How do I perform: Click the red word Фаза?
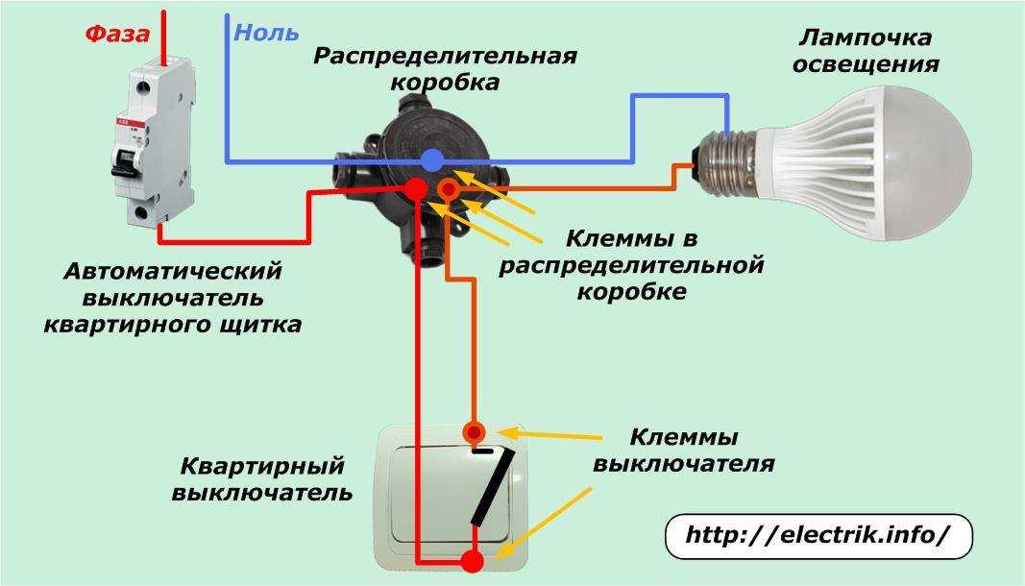117,35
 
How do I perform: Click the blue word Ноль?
266,33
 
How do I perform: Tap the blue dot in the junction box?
433,159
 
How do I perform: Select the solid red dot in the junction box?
415,187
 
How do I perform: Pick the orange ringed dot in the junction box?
448,190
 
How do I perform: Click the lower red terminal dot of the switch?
472,561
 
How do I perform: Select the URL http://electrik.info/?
818,536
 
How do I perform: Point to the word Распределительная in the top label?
445,56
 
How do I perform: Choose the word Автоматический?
173,271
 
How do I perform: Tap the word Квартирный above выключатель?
261,467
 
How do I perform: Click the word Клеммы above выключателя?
683,438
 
